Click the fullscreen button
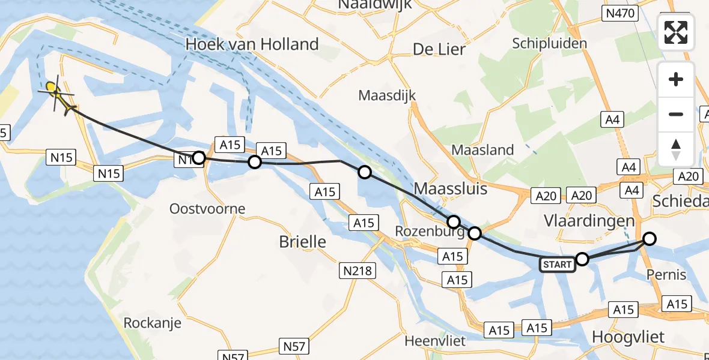click(676, 32)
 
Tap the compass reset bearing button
click(676, 149)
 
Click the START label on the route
click(557, 264)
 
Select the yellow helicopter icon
click(58, 96)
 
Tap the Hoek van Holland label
click(252, 44)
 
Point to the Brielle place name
click(303, 242)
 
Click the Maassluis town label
click(450, 189)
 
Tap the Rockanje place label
click(152, 323)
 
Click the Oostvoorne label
click(207, 209)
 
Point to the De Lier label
click(439, 49)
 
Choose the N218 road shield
click(357, 271)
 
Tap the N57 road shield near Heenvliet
click(294, 346)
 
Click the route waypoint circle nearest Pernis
click(650, 239)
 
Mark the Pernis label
click(666, 275)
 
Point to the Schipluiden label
click(549, 43)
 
